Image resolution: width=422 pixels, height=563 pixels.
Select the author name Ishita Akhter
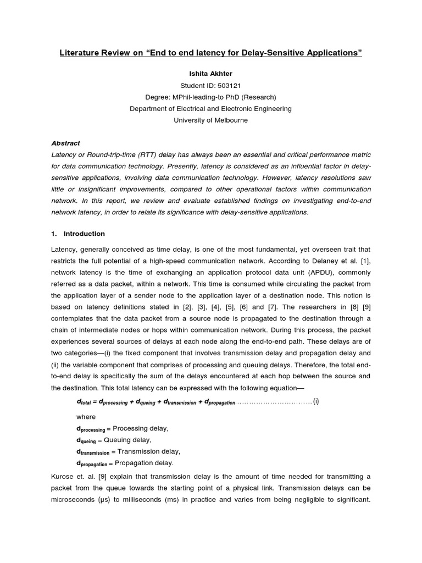210,73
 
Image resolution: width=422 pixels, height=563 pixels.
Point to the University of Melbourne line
210,120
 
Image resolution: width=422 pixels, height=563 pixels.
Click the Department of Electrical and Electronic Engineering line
210,108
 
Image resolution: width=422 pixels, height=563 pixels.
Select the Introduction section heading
84,234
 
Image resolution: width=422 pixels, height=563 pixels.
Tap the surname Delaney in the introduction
312,261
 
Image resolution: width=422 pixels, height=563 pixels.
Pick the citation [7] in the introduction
273,307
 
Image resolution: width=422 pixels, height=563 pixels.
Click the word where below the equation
86,417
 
